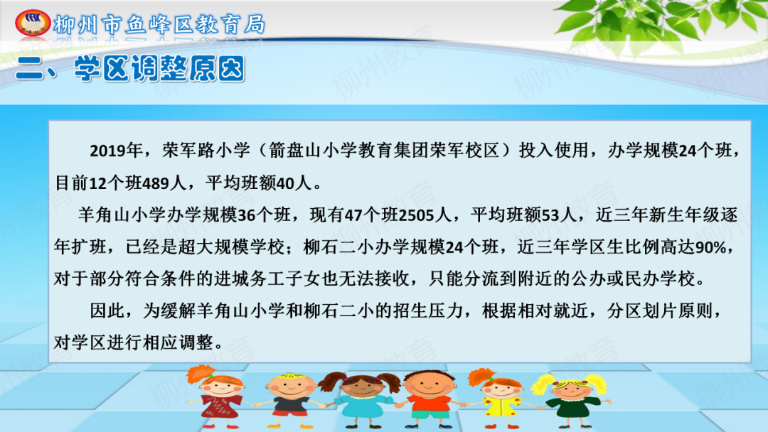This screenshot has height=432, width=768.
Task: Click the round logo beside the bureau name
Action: [33, 23]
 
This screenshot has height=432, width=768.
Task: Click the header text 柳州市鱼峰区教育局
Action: [159, 25]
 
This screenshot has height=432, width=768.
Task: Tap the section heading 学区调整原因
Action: [159, 68]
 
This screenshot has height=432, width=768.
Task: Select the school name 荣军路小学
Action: [206, 150]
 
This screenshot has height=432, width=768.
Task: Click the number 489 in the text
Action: [156, 183]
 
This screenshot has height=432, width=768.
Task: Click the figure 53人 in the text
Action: [559, 215]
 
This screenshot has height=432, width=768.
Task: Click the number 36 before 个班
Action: [246, 215]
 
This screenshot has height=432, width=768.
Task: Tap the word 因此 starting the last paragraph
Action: [107, 310]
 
